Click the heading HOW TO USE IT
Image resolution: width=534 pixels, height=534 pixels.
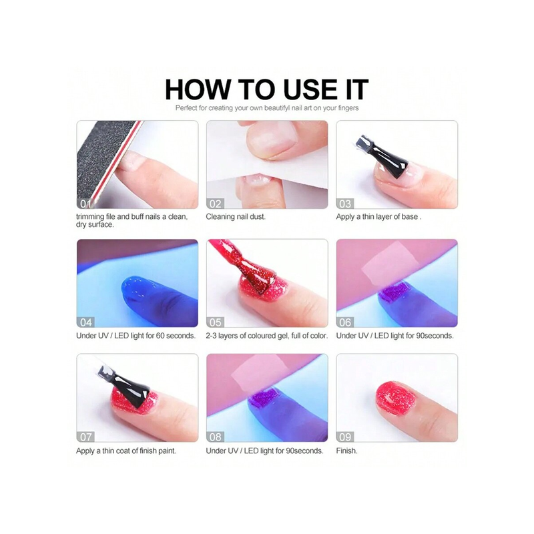coord(266,89)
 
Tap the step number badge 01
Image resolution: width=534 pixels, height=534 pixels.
coord(85,204)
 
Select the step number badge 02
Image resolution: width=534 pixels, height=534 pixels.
coord(215,204)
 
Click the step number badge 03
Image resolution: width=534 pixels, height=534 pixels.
coord(345,204)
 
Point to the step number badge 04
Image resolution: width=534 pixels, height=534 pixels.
coord(86,322)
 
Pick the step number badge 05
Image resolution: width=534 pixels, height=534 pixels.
coord(215,322)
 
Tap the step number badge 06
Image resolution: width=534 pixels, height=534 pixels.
coord(345,322)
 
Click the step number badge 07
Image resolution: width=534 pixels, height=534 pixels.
coord(86,437)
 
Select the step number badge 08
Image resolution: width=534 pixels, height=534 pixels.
coord(215,437)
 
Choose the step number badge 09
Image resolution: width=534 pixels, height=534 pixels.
coord(345,437)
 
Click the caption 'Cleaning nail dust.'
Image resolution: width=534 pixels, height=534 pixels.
coord(236,216)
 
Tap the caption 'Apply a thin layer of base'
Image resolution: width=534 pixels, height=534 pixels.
coord(376,217)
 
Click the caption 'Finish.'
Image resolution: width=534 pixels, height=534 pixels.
coord(346,451)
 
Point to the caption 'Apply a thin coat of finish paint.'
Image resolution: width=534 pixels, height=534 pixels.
coord(126,451)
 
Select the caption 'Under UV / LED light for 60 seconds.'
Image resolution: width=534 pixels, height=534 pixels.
coord(136,336)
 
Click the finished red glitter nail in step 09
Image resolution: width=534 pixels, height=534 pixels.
coord(396,398)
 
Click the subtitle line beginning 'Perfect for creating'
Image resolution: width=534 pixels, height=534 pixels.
coord(267,108)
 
